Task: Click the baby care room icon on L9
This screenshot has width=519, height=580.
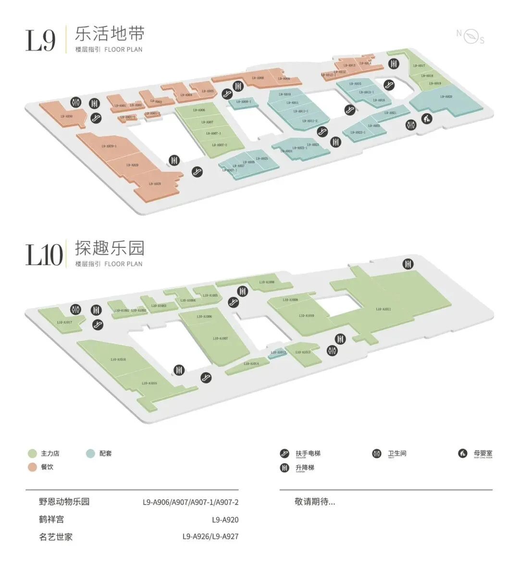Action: [x=426, y=118]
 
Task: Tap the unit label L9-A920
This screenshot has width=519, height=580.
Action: [x=446, y=97]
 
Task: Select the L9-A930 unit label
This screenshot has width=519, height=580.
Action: [x=66, y=116]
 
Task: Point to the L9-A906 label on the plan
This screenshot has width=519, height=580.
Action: [x=199, y=110]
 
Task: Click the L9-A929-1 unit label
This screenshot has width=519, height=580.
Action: [x=109, y=146]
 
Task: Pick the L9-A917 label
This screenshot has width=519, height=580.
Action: [x=419, y=66]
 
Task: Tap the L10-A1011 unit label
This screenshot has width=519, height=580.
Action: [x=383, y=309]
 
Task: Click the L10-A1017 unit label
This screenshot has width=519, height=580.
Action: [x=64, y=322]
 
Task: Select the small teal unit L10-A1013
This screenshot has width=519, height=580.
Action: [x=278, y=353]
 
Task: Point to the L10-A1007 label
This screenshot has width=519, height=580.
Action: [x=220, y=338]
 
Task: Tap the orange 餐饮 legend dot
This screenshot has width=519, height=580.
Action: [x=32, y=467]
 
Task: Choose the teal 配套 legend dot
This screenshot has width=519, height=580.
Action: [x=90, y=453]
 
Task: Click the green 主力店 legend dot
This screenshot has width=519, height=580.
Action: [x=32, y=453]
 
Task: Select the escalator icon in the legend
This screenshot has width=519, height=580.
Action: [x=284, y=453]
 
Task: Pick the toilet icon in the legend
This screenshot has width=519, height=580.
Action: [x=377, y=453]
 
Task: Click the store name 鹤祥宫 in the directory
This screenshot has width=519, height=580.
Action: [x=51, y=519]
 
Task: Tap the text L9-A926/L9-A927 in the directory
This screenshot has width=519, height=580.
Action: [x=210, y=536]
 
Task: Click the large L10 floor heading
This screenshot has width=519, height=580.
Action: [x=44, y=254]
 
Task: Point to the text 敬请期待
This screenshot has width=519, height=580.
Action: [x=315, y=502]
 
